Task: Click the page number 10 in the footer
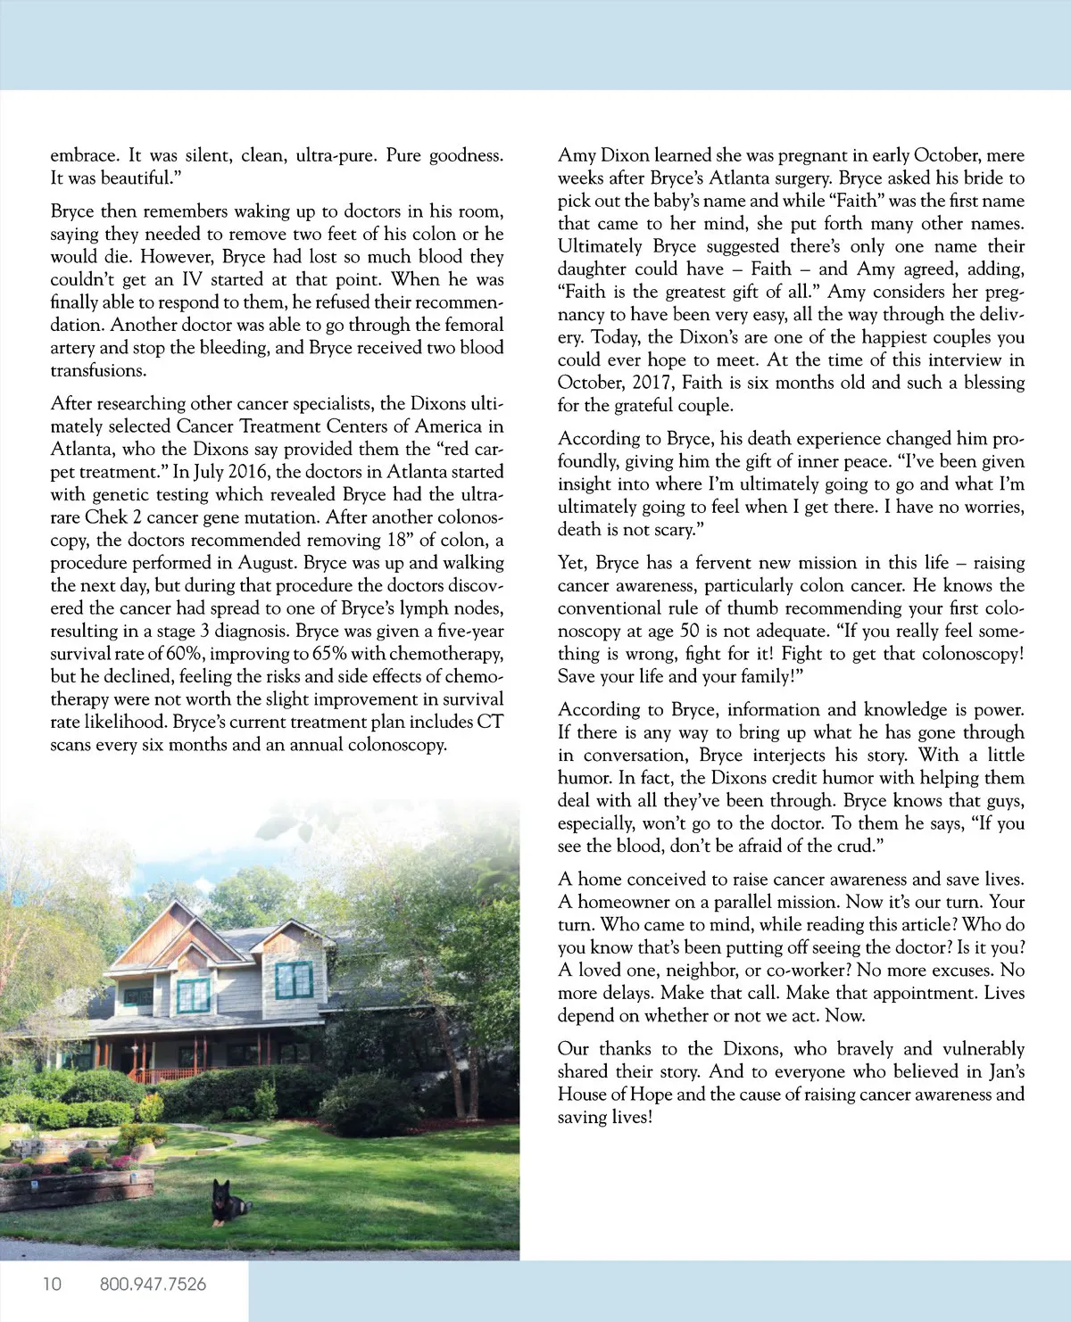tap(52, 1284)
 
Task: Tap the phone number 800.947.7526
tap(153, 1284)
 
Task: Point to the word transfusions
tap(98, 370)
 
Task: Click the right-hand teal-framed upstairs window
tap(294, 979)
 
